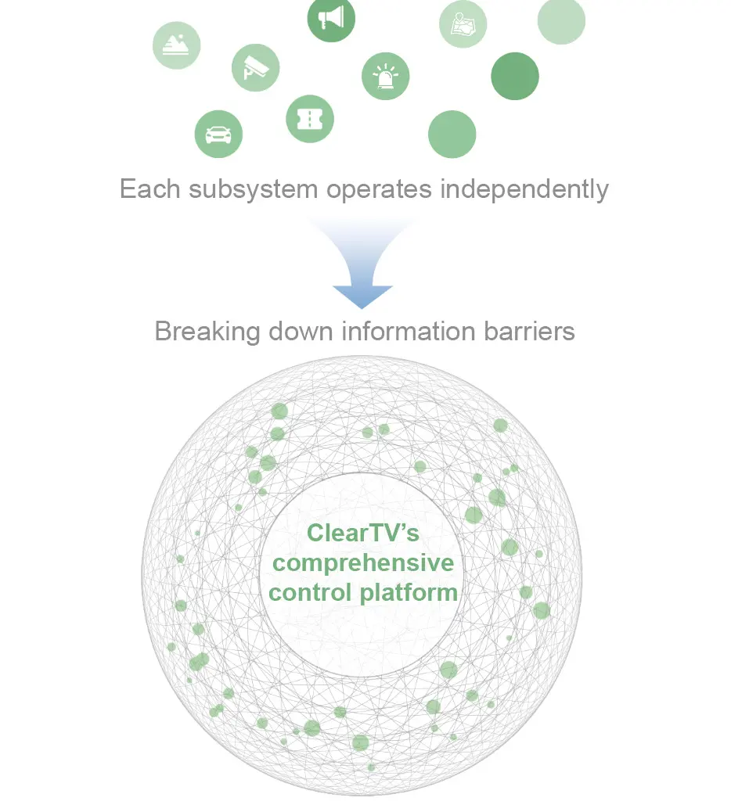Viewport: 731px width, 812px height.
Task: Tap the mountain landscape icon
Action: [x=176, y=45]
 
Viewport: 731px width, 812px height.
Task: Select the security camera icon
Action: [x=255, y=67]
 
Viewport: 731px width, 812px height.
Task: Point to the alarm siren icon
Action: [x=385, y=77]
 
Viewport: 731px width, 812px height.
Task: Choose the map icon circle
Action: [x=463, y=24]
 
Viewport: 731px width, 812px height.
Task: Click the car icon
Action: [x=218, y=134]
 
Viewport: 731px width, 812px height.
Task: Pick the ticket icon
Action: [x=310, y=119]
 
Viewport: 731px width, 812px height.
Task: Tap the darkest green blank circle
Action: [x=515, y=76]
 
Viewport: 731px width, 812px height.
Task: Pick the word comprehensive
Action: [x=364, y=562]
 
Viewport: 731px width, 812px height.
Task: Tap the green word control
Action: [x=310, y=591]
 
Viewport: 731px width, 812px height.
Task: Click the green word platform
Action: [x=409, y=591]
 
